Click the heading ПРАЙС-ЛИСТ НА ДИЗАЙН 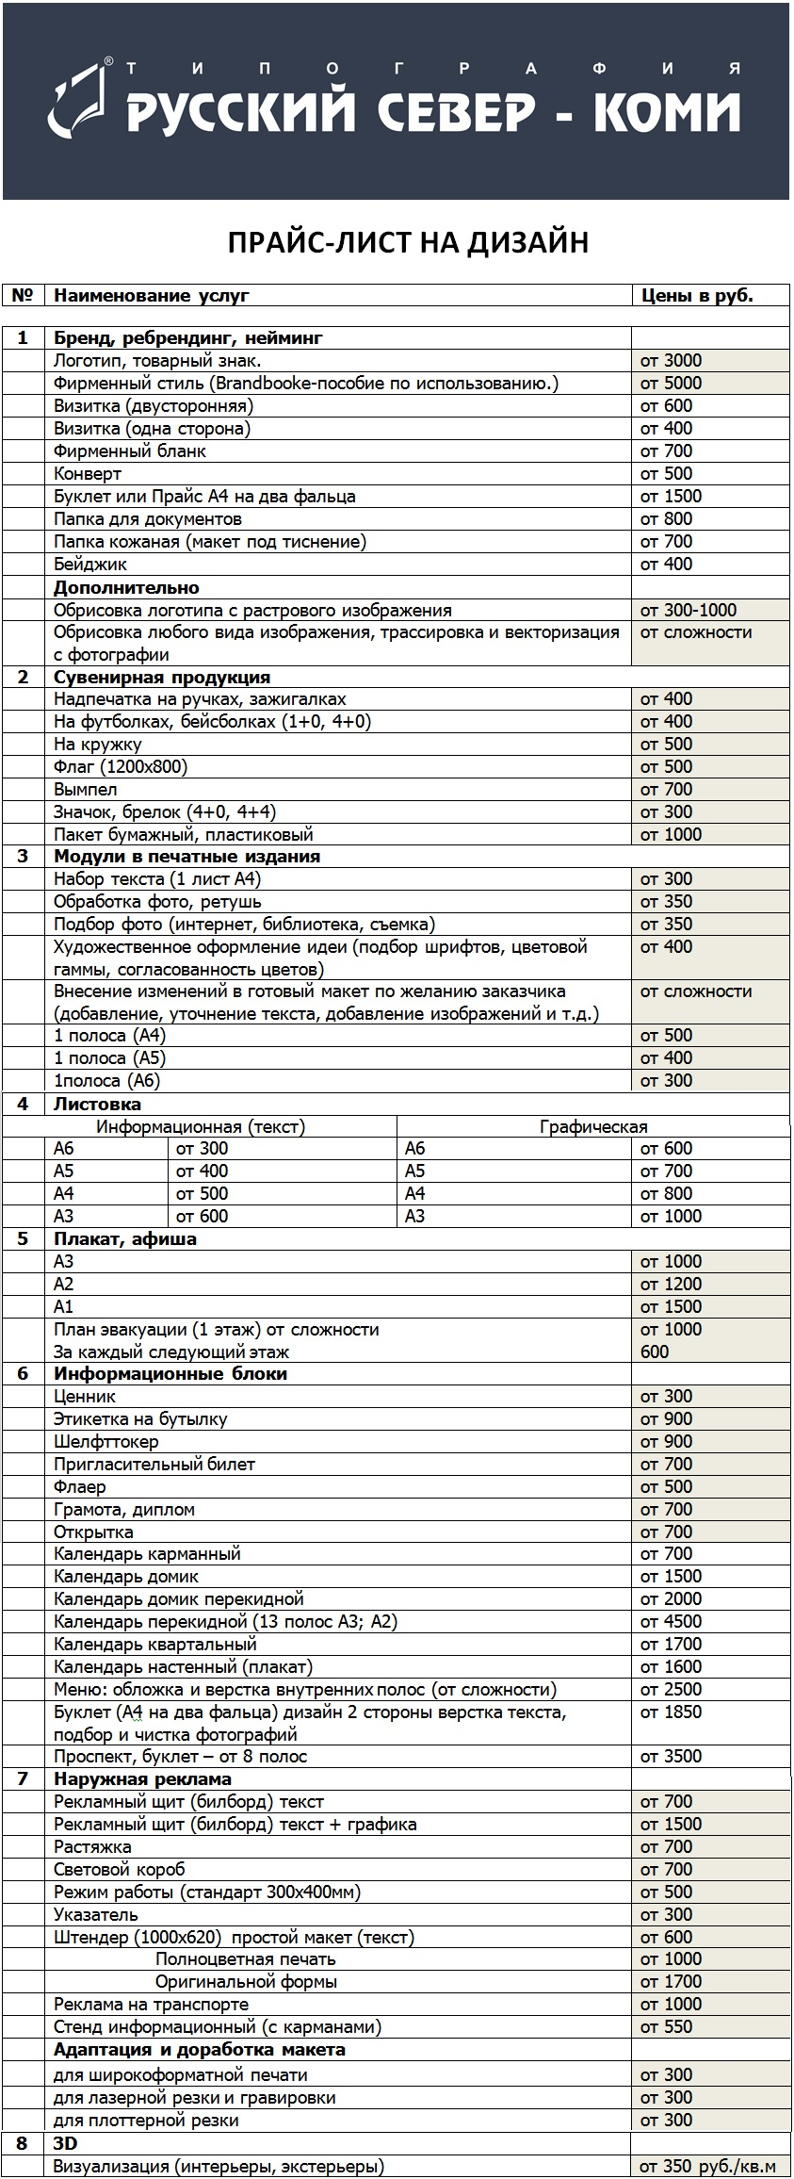tap(408, 243)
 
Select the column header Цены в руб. tap(697, 296)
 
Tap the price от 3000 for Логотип tap(671, 361)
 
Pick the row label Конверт tap(88, 474)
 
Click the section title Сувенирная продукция tap(161, 678)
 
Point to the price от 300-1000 tap(689, 611)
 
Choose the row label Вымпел tap(86, 790)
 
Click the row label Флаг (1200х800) tap(121, 767)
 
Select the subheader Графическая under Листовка tap(593, 1126)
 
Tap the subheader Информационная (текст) tap(202, 1126)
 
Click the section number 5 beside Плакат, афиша tap(24, 1239)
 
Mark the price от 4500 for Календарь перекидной tap(671, 1621)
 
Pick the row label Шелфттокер tap(106, 1442)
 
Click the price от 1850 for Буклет tap(671, 1712)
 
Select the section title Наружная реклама tap(142, 1779)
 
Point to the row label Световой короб tap(120, 1869)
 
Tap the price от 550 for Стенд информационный tap(666, 2027)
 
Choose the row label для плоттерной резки tap(146, 2121)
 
